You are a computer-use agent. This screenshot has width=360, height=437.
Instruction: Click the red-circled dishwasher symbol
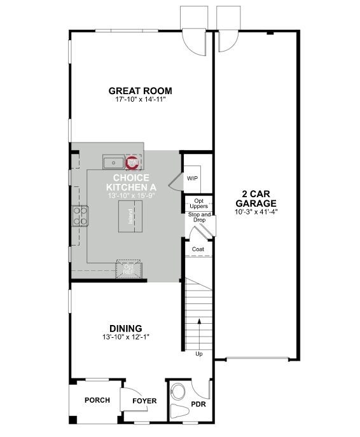point(132,162)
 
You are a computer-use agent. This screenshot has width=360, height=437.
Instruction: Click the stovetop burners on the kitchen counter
point(81,216)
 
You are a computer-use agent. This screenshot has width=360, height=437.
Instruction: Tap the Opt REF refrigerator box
point(128,268)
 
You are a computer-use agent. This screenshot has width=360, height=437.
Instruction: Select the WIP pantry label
point(192,178)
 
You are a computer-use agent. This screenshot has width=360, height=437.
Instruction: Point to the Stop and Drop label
point(199,218)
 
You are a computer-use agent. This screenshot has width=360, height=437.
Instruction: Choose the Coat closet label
point(198,249)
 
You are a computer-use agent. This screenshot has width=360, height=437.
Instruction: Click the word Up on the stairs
point(199,354)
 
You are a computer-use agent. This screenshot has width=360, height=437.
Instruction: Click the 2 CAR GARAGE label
point(259,198)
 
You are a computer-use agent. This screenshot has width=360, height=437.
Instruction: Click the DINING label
point(125,329)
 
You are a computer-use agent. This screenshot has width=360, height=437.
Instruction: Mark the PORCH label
point(97,400)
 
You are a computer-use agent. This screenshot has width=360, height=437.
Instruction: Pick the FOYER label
point(144,401)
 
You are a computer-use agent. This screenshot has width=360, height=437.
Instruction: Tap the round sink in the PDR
point(180,391)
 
